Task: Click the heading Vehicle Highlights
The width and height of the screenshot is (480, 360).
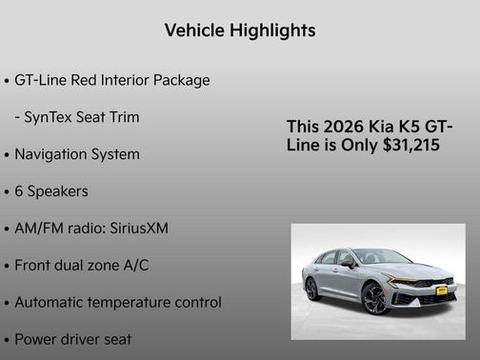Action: (x=240, y=30)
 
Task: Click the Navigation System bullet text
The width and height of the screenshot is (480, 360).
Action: (x=77, y=154)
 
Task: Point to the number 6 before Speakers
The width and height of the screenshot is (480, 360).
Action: (x=19, y=191)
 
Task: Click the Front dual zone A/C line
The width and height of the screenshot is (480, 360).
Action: (x=82, y=266)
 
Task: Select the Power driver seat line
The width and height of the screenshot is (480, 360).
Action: (x=73, y=339)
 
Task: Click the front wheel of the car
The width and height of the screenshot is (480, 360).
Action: (x=376, y=299)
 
